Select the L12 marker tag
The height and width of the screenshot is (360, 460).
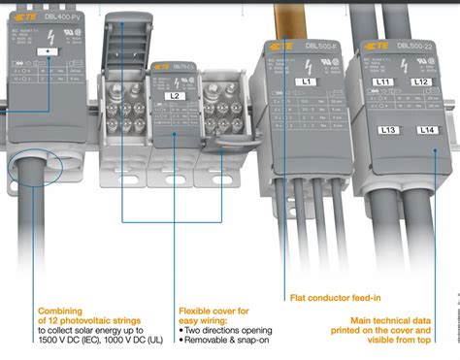click(x=422, y=83)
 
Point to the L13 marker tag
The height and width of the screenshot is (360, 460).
click(x=389, y=129)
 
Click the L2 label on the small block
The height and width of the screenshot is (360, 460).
click(x=177, y=97)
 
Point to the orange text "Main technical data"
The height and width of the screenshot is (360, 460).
click(x=397, y=318)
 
